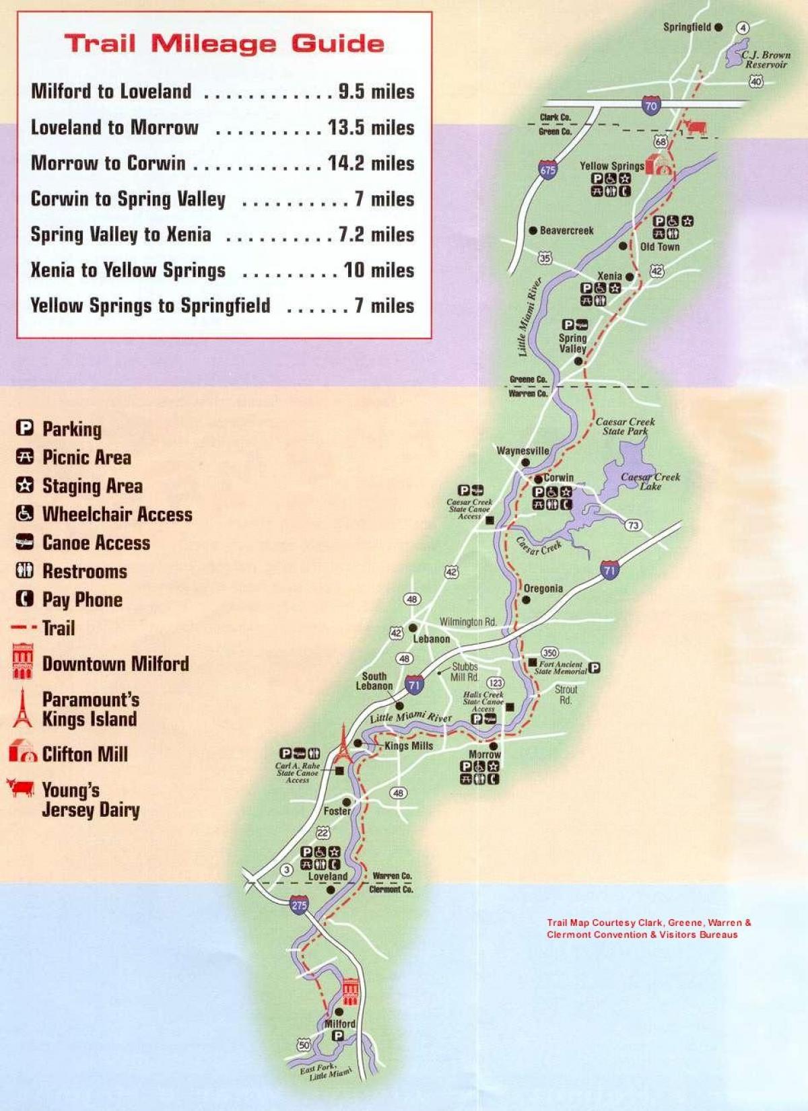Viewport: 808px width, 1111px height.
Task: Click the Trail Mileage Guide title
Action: pyautogui.click(x=224, y=44)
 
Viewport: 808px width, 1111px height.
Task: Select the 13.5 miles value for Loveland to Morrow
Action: pyautogui.click(x=371, y=127)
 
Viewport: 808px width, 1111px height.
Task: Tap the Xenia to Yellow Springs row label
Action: pyautogui.click(x=128, y=271)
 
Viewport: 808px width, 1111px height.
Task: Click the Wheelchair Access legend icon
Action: pyautogui.click(x=24, y=514)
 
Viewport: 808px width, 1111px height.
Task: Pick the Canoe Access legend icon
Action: pyautogui.click(x=24, y=542)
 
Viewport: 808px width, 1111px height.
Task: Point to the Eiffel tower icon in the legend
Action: pyautogui.click(x=22, y=708)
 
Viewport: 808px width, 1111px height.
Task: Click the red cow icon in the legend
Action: pyautogui.click(x=20, y=787)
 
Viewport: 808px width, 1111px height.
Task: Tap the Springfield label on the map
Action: pyautogui.click(x=687, y=27)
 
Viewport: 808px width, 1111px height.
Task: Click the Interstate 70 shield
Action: pyautogui.click(x=650, y=106)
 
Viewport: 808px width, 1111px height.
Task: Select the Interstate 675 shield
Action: pyautogui.click(x=548, y=170)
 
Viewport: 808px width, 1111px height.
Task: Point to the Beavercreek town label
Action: pyautogui.click(x=566, y=231)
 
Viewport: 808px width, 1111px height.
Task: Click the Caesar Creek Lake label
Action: pyautogui.click(x=650, y=481)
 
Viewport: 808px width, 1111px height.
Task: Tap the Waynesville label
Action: pyautogui.click(x=523, y=451)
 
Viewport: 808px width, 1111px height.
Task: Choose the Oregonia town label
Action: pyautogui.click(x=543, y=589)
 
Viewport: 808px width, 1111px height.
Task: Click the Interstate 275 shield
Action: pyautogui.click(x=299, y=905)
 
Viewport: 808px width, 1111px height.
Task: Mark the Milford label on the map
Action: pyautogui.click(x=340, y=1024)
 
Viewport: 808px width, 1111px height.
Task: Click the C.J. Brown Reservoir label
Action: pyautogui.click(x=766, y=60)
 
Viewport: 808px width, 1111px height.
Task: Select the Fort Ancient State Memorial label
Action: pyautogui.click(x=561, y=668)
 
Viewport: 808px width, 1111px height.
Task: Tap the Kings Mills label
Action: pyautogui.click(x=409, y=746)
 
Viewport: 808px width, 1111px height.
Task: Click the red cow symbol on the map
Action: pyautogui.click(x=694, y=127)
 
